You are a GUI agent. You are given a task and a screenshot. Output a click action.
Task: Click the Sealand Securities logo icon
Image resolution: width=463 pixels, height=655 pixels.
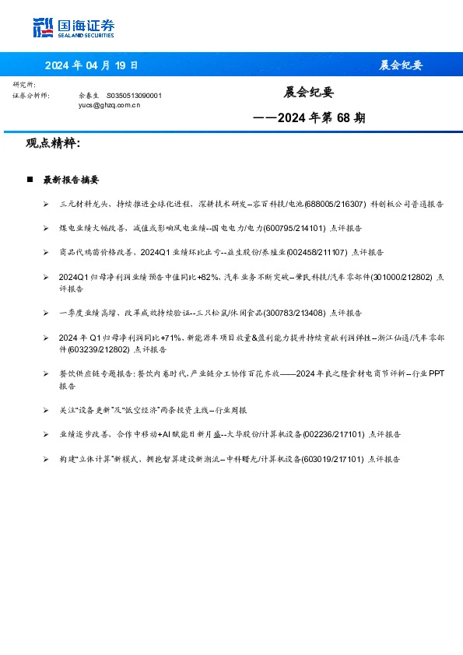43,28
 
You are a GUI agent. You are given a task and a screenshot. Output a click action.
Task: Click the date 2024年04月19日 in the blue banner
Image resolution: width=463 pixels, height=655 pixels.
91,65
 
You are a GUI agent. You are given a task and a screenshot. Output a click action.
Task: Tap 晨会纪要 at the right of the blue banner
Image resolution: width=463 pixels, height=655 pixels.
401,65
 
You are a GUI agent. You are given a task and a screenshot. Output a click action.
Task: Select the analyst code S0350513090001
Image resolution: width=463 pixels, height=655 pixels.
133,95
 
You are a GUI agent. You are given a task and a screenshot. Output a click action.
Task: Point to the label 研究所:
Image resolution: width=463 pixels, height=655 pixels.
24,84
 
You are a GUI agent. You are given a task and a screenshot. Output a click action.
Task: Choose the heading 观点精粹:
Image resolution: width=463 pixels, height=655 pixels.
53,143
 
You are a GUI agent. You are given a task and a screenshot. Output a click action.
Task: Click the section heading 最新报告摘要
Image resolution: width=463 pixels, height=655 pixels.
71,180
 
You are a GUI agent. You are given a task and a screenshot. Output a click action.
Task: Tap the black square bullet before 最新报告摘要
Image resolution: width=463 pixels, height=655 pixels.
30,180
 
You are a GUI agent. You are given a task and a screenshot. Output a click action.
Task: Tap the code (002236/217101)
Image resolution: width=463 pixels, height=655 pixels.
332,435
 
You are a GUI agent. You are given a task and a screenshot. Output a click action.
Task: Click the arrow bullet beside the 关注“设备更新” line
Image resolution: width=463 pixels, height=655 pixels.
47,410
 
